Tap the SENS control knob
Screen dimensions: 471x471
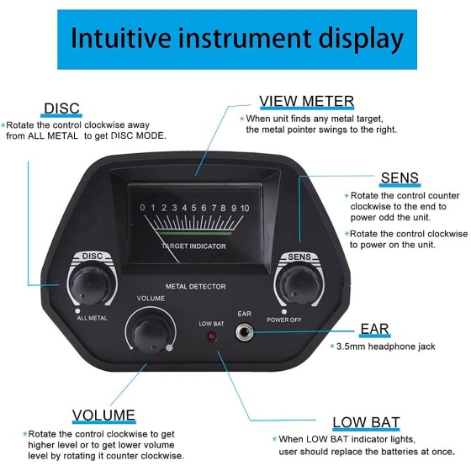click(x=299, y=286)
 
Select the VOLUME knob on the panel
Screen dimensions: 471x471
click(x=151, y=332)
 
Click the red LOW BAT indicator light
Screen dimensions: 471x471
click(x=212, y=336)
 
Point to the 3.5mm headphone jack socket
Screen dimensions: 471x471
click(x=244, y=332)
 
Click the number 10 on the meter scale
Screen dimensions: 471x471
click(x=245, y=208)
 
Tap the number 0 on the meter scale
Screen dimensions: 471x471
click(x=142, y=208)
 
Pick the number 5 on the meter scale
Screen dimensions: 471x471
click(x=193, y=208)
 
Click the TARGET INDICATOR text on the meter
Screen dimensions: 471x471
click(x=193, y=246)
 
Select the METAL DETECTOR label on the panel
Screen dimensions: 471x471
click(x=195, y=287)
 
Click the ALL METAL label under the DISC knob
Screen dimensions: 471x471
click(x=92, y=318)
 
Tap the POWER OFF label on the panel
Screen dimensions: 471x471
click(x=284, y=320)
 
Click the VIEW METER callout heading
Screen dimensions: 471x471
click(x=306, y=101)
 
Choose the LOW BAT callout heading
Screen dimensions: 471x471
click(x=366, y=422)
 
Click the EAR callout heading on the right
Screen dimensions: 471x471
click(x=374, y=329)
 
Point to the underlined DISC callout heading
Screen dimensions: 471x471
click(x=61, y=108)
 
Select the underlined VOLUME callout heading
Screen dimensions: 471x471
click(x=103, y=415)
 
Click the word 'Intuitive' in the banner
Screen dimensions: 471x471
click(x=121, y=38)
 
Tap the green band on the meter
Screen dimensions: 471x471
click(x=194, y=233)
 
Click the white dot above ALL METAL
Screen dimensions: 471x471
click(x=77, y=311)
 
